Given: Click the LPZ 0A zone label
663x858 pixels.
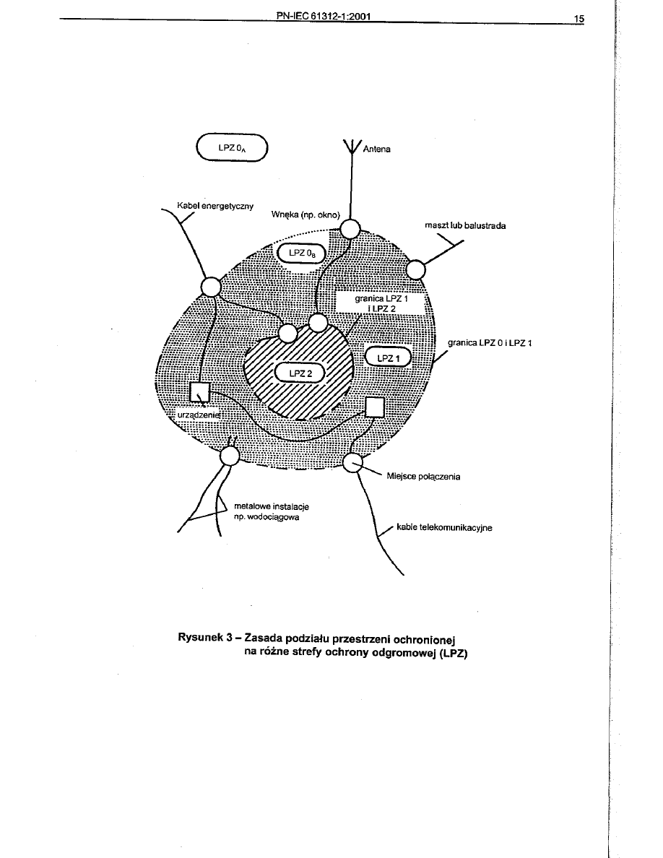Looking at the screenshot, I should coord(231,148).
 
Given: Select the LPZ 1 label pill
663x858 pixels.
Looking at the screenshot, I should coord(388,358).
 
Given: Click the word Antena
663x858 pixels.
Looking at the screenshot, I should coord(376,149).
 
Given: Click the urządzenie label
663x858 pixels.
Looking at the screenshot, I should coord(196,415).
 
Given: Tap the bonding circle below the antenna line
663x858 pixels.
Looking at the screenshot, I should coord(351,229).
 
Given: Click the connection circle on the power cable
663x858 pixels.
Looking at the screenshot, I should coord(209,286).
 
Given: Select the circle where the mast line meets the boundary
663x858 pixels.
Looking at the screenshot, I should coord(416,269).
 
